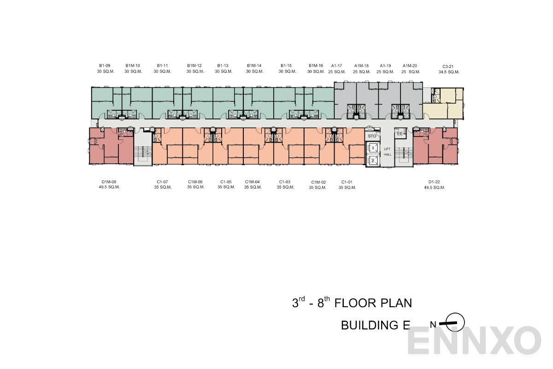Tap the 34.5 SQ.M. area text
[448, 72]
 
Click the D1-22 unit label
[434, 182]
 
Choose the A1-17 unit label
[336, 66]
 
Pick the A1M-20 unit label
[410, 66]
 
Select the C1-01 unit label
[347, 182]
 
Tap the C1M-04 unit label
[253, 182]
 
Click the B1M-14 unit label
[254, 66]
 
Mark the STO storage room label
[372, 136]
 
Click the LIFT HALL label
[388, 152]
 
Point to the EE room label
[400, 134]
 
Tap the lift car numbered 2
[372, 160]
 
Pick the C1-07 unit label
[163, 182]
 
